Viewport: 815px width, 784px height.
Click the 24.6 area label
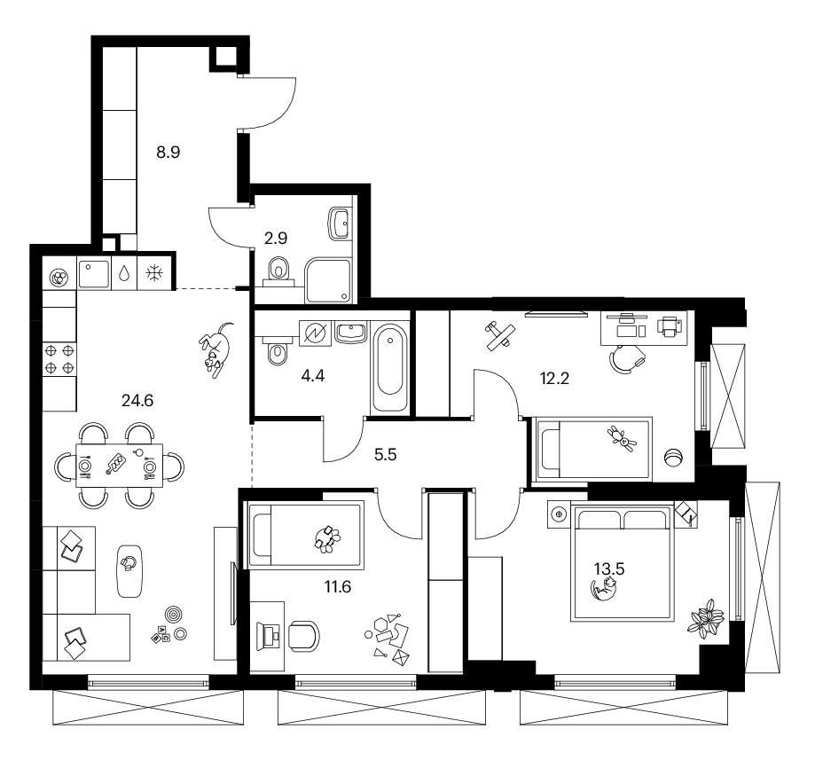[x=137, y=401]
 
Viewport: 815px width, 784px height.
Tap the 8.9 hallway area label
[x=168, y=153]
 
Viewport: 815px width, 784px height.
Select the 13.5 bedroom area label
[x=609, y=568]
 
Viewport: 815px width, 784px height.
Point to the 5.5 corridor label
[x=385, y=455]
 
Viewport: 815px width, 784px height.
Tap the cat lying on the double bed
[x=604, y=591]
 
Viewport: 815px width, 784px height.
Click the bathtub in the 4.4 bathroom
[x=390, y=366]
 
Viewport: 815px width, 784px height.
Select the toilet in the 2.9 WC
[x=279, y=270]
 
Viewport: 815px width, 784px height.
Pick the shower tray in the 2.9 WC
[x=328, y=280]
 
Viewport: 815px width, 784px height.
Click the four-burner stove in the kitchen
[x=59, y=359]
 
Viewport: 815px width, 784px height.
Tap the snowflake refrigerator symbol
[x=153, y=273]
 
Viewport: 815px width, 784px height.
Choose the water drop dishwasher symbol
[x=123, y=273]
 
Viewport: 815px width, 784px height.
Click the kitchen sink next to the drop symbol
[x=94, y=273]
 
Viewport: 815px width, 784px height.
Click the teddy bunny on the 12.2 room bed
[x=622, y=438]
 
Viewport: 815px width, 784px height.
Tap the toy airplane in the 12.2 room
[x=500, y=335]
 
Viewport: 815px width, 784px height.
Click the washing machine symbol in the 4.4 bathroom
[x=316, y=333]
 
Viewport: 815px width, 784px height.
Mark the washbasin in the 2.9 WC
[x=340, y=223]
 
